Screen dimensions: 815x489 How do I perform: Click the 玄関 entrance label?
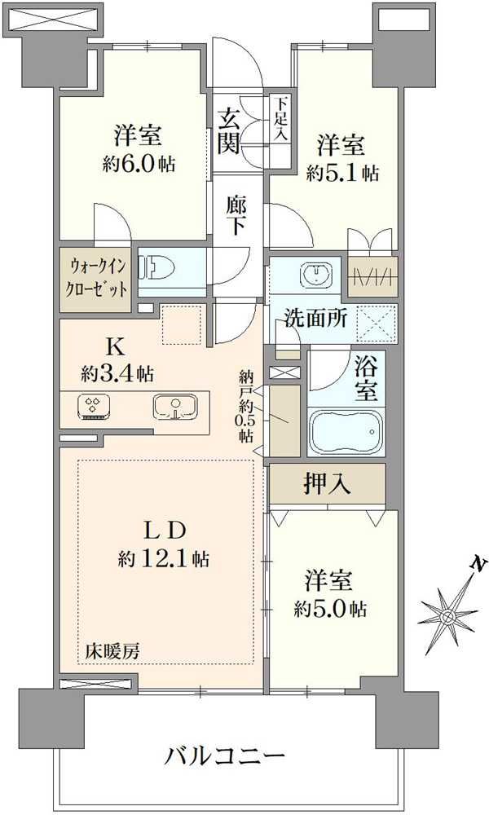[x=229, y=131]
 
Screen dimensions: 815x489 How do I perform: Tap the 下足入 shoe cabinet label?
[x=280, y=119]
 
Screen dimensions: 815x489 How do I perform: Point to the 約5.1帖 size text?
[x=342, y=173]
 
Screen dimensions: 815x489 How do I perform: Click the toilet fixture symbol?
[x=155, y=269]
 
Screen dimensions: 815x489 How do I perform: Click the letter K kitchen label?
[x=117, y=347]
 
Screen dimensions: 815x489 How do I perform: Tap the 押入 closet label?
[x=328, y=484]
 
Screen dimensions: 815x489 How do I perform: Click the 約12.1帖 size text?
[x=163, y=559]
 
